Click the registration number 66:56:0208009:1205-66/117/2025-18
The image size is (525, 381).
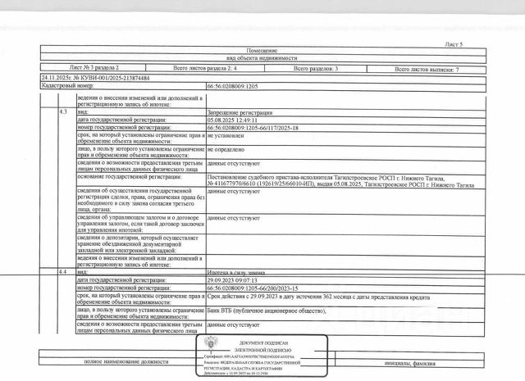256,128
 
